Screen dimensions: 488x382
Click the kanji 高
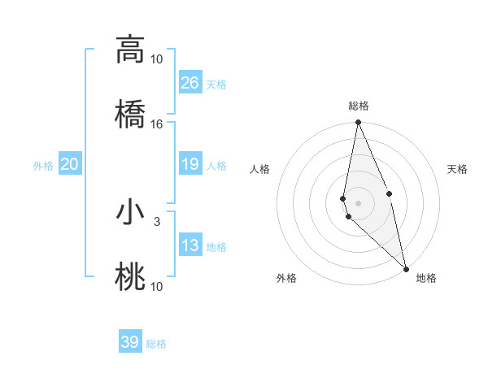tap(130, 50)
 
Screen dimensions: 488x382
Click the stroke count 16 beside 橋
tap(156, 124)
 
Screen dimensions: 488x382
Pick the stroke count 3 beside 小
tap(156, 220)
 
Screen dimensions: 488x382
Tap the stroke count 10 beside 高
tap(156, 59)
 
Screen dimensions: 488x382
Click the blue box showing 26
tap(190, 83)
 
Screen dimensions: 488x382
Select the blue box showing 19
tap(190, 164)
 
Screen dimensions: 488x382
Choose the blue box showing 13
tap(190, 245)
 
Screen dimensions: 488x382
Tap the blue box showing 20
tap(70, 164)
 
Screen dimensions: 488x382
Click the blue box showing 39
tap(129, 342)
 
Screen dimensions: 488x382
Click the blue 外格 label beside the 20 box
tap(43, 166)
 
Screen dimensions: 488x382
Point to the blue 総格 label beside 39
tap(156, 344)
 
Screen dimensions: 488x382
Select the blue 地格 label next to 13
tap(216, 247)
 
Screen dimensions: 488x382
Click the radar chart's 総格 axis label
tap(358, 106)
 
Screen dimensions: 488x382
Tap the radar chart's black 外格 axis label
tap(286, 279)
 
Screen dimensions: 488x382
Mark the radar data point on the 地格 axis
tap(406, 268)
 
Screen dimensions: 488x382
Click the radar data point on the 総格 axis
tap(358, 123)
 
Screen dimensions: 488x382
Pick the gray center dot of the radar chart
tap(358, 202)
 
